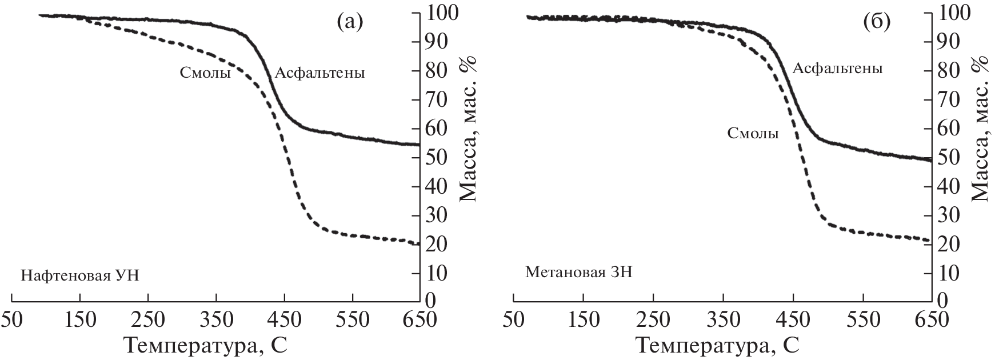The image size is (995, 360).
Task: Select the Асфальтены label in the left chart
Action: click(319, 73)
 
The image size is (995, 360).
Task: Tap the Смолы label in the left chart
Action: click(205, 73)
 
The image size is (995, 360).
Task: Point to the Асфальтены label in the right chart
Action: click(837, 69)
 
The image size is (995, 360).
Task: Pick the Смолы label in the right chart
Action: click(753, 134)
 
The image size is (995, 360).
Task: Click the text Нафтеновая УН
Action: click(80, 275)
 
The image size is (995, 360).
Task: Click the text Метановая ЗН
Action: click(578, 271)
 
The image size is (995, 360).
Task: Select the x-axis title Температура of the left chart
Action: click(205, 345)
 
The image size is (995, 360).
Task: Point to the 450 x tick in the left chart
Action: click(284, 319)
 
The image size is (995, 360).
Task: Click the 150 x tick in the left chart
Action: click(80, 319)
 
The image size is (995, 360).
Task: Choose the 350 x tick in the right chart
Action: click(723, 319)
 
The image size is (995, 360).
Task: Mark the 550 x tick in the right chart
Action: click(862, 319)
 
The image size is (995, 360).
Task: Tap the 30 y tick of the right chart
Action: click(948, 215)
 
